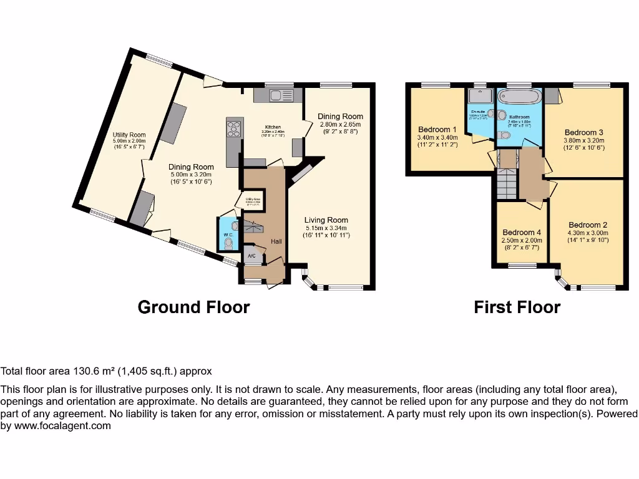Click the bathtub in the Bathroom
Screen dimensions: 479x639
coord(519,98)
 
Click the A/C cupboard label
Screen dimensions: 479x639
coord(251,256)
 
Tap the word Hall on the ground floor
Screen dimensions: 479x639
coord(277,241)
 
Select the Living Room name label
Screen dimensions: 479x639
coord(326,220)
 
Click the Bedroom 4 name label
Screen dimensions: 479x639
coord(522,233)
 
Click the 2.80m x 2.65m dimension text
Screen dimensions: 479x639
coord(339,125)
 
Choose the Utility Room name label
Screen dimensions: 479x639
coord(129,135)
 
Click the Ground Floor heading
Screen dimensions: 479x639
coord(193,307)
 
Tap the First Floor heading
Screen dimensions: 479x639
coord(517,307)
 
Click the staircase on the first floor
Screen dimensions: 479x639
coord(507,185)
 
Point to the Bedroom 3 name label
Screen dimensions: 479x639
coord(583,132)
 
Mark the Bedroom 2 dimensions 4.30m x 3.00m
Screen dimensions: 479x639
coord(587,233)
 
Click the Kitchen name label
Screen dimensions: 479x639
coord(273,127)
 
